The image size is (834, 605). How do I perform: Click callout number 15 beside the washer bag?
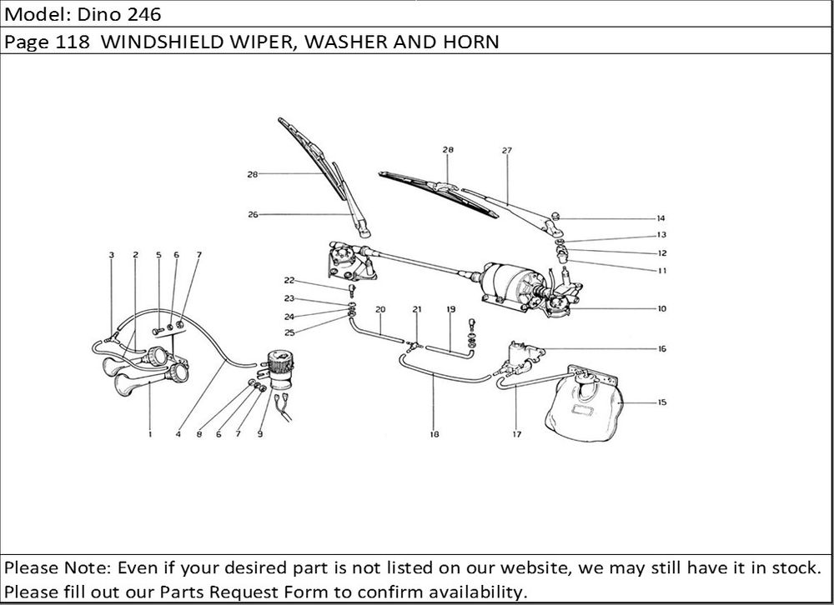(x=661, y=403)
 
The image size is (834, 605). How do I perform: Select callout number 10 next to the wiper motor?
(x=661, y=308)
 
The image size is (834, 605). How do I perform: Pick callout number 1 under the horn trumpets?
(x=150, y=434)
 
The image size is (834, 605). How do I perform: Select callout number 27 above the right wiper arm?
(x=506, y=150)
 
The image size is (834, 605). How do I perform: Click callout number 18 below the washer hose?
(x=435, y=434)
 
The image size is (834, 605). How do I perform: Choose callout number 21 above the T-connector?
(x=417, y=309)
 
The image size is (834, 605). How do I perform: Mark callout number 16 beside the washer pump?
(x=661, y=349)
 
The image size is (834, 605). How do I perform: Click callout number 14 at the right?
(x=661, y=218)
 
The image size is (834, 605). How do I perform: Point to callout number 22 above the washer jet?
(x=289, y=280)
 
